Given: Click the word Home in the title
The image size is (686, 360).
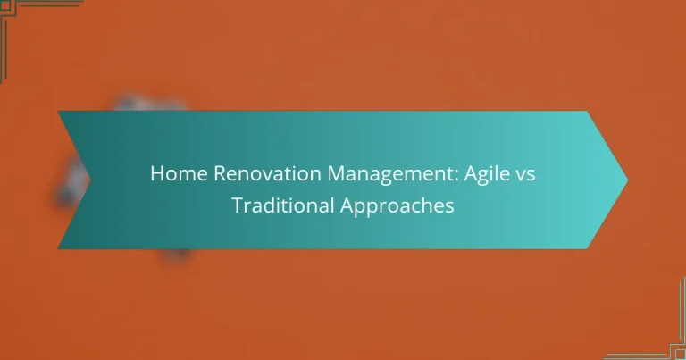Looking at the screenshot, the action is pos(179,173).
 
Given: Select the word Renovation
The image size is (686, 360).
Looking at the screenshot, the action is pos(267,173).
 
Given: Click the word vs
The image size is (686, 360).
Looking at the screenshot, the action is pos(525,176).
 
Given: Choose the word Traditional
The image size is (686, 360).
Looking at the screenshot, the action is pos(282,205).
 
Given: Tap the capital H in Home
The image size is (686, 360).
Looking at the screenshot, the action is pos(157,173).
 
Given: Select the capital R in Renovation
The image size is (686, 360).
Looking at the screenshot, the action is pos(220,173).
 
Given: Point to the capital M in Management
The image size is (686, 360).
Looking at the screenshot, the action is pos(338,173).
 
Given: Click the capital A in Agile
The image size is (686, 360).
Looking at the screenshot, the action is pos(472,173).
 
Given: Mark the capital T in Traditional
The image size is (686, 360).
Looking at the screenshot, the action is pos(238,205).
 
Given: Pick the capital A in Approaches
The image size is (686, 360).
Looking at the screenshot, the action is pos(348,205).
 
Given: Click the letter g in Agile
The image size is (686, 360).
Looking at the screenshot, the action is pos(486,178).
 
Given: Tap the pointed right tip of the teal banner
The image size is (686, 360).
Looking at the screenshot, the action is pos(627,180).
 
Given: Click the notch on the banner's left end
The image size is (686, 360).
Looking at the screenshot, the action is pos(90,180).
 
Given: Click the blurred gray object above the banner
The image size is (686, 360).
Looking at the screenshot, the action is pos(149,104).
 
